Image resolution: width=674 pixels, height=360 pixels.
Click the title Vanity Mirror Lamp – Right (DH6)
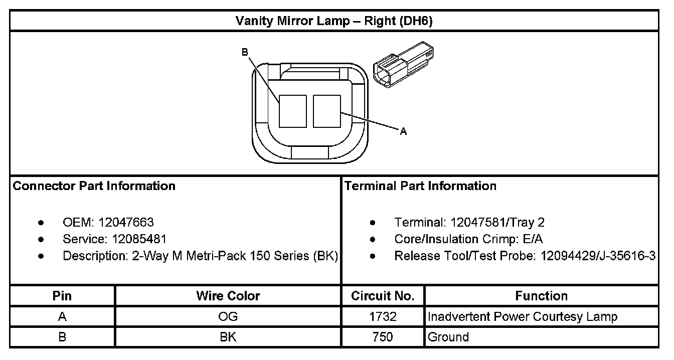click(x=334, y=21)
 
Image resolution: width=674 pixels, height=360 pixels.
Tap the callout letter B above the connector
click(x=245, y=52)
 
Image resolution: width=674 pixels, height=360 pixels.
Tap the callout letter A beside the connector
click(x=403, y=131)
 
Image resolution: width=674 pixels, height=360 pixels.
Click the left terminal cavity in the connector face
click(x=293, y=111)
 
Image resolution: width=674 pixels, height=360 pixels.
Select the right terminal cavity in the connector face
click(x=327, y=111)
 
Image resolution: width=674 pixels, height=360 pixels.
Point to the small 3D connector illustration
click(x=403, y=65)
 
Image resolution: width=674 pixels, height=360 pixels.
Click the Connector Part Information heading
click(x=94, y=186)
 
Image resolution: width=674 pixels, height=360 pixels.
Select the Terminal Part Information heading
click(x=420, y=186)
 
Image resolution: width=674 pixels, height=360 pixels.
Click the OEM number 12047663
click(x=126, y=223)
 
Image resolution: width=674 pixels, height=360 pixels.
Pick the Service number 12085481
click(x=139, y=239)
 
